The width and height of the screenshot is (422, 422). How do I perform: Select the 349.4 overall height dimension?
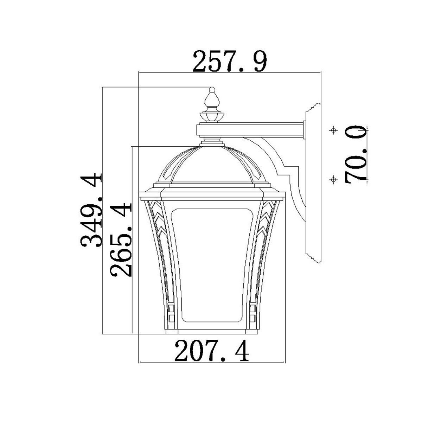point(91,210)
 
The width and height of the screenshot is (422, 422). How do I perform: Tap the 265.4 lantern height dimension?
point(120,239)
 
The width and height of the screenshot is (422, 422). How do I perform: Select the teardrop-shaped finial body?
point(212,100)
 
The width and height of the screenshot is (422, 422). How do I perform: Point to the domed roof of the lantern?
point(212,165)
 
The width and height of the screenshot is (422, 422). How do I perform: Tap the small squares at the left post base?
point(171,313)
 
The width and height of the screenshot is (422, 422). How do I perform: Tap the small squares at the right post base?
point(252,313)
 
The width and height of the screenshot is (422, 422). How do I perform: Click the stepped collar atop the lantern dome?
point(212,142)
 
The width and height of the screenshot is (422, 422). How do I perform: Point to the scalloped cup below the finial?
point(212,116)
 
